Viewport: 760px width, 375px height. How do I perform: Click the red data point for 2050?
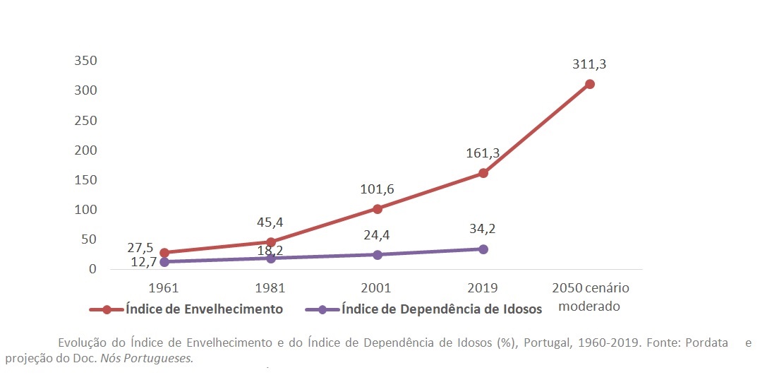pos(590,84)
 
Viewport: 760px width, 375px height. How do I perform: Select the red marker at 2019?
pos(483,173)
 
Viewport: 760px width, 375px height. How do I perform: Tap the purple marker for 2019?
pos(483,249)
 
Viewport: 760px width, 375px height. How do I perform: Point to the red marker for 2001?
pos(378,209)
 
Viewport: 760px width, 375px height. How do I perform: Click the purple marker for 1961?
pos(164,262)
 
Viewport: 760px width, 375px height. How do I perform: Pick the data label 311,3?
pos(590,64)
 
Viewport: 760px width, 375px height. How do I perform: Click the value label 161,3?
pos(483,153)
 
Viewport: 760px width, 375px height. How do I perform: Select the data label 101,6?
pos(378,189)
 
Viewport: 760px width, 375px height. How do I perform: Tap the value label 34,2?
pos(483,229)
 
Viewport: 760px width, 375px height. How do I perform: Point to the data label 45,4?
pos(271,222)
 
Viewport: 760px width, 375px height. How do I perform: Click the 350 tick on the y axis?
pos(85,61)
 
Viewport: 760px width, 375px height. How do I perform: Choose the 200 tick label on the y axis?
pos(85,150)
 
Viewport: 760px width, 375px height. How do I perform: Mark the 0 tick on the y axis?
pos(92,269)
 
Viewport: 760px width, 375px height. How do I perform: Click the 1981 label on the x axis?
pos(271,288)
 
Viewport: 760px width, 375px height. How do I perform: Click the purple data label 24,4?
pos(378,234)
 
